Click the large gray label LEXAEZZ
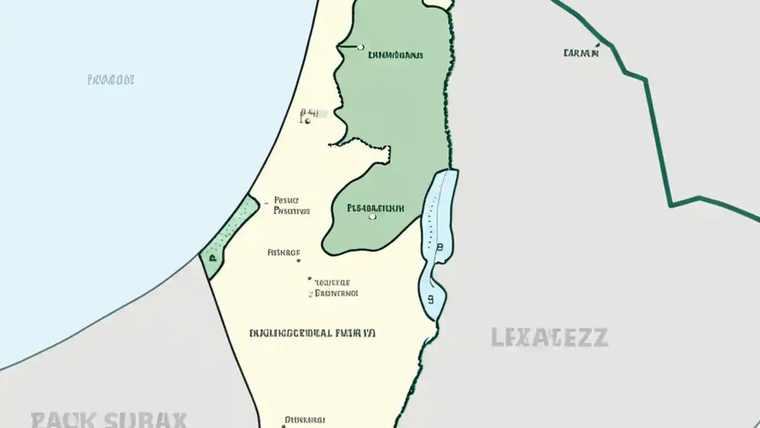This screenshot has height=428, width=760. pyautogui.click(x=549, y=337)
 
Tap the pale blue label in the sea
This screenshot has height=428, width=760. pyautogui.click(x=111, y=79)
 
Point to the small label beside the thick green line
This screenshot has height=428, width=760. pyautogui.click(x=581, y=53)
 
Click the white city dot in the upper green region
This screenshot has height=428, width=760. pyautogui.click(x=360, y=47)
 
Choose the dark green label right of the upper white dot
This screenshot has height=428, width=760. pyautogui.click(x=395, y=55)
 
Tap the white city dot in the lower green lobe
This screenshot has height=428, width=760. pyautogui.click(x=372, y=217)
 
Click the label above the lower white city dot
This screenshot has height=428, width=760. pyautogui.click(x=375, y=208)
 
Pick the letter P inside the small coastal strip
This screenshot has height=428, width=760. pyautogui.click(x=211, y=258)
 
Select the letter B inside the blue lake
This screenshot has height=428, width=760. pyautogui.click(x=439, y=247)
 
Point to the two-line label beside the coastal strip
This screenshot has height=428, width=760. pyautogui.click(x=291, y=206)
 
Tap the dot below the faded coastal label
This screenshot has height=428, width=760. pyautogui.click(x=308, y=121)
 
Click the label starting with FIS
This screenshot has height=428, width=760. pyautogui.click(x=284, y=252)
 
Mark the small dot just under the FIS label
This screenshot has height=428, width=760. pyautogui.click(x=298, y=260)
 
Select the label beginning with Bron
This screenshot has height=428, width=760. pyautogui.click(x=337, y=293)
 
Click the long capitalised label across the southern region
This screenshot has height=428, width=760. pyautogui.click(x=312, y=333)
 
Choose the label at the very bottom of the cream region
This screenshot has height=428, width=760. pyautogui.click(x=305, y=420)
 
